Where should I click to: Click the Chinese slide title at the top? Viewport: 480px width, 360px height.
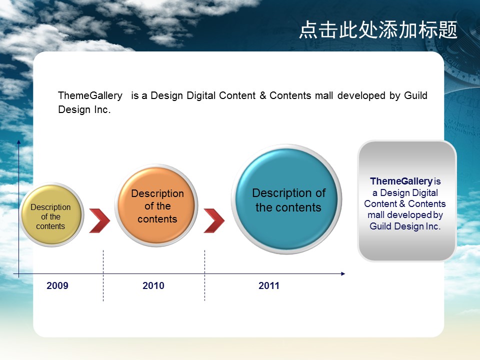pos(378,30)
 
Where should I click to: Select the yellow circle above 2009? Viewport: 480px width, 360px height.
pos(51,214)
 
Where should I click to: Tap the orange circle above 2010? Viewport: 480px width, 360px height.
pos(156,205)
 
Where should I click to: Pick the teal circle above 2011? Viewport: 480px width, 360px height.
pos(286,199)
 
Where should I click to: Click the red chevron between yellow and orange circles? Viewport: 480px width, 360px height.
pos(99,220)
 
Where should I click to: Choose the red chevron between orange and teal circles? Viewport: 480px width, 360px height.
pos(214,220)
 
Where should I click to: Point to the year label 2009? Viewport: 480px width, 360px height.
pos(57,285)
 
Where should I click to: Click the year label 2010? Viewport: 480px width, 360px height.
pos(153,285)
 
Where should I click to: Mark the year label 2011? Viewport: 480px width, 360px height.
pos(269,285)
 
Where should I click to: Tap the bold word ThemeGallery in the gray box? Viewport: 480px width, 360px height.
pos(401,181)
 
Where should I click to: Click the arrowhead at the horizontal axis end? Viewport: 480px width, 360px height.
pos(343,273)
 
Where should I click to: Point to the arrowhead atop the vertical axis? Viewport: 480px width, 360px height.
pos(18,142)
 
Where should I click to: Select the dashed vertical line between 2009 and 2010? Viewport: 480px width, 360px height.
pos(103,275)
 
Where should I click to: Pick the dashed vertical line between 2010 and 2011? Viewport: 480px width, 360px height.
pos(204,275)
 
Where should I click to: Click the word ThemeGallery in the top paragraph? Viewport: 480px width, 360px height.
pos(90,96)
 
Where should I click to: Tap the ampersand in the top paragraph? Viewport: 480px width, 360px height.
pos(262,95)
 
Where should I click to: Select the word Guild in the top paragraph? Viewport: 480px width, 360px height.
pos(415,95)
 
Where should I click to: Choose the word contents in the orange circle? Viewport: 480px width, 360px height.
pos(157,219)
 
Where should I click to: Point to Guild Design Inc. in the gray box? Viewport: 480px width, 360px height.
pos(405,226)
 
